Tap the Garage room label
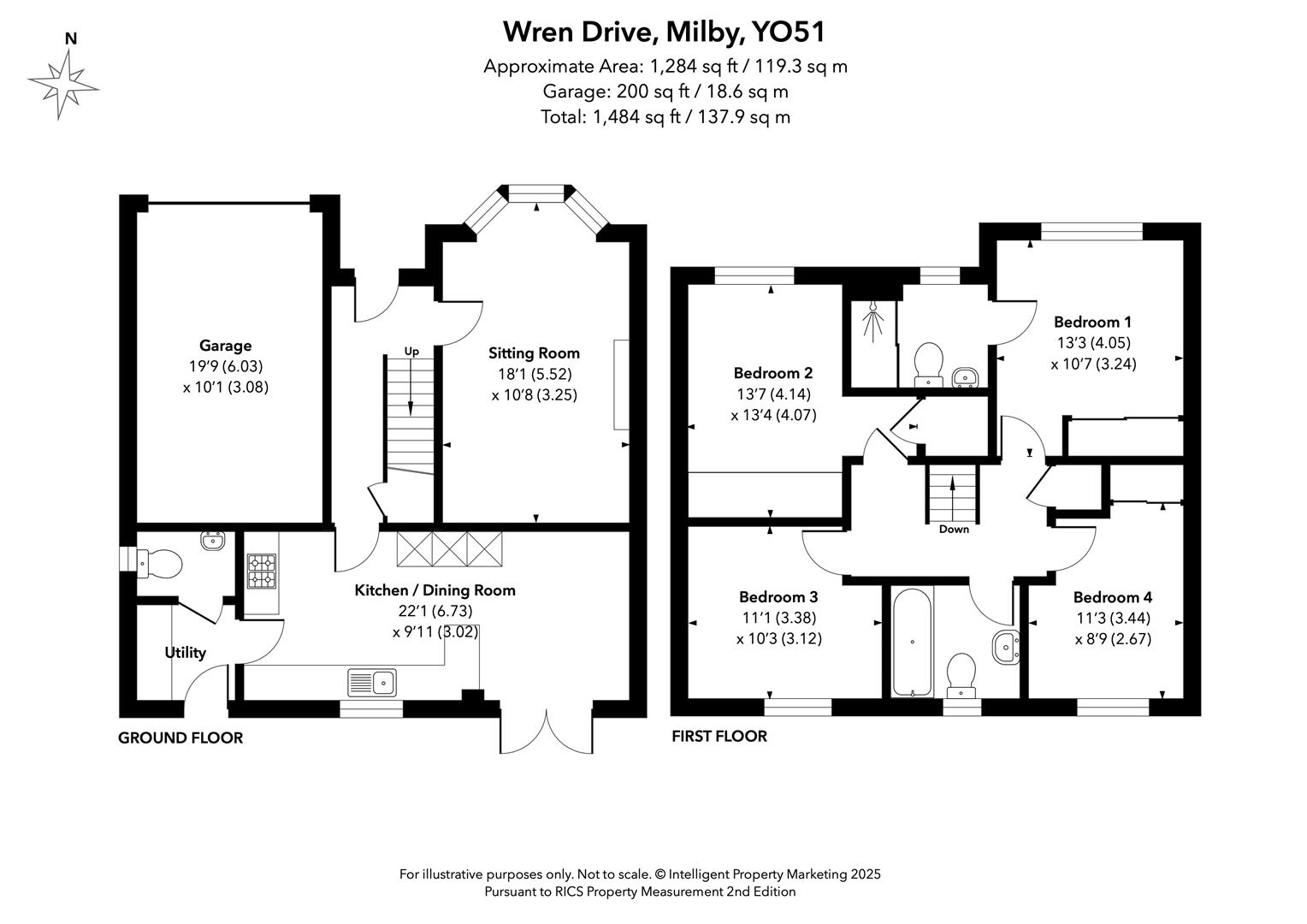(225, 346)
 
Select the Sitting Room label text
(534, 352)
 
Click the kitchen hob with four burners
(262, 572)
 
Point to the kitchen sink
(372, 683)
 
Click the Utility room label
(185, 653)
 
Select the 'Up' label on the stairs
(411, 351)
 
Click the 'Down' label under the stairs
(953, 530)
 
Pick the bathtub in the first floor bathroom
(912, 642)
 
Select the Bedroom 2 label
(772, 373)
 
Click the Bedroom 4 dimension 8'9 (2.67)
(1112, 639)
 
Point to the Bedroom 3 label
(778, 597)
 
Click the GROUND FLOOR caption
(180, 737)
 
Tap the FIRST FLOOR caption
(719, 736)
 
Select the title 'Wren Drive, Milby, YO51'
(664, 32)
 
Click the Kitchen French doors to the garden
(547, 730)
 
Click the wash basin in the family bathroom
(1006, 647)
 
